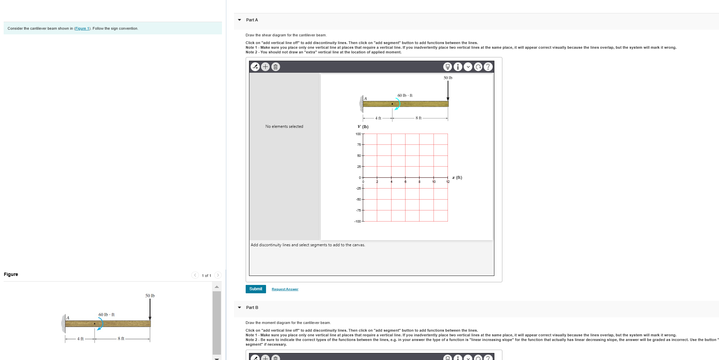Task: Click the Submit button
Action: click(x=255, y=289)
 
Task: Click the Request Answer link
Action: click(x=285, y=289)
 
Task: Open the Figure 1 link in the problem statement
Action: click(x=82, y=28)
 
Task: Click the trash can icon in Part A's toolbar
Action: click(x=275, y=67)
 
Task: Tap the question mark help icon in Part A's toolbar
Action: click(x=488, y=67)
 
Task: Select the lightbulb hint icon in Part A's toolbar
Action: click(x=448, y=67)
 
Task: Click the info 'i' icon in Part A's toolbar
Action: click(x=458, y=67)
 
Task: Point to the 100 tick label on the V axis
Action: click(x=358, y=134)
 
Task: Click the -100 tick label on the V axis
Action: click(x=357, y=222)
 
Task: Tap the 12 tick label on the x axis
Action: click(x=448, y=182)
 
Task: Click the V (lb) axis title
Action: click(x=363, y=127)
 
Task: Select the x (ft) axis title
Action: click(x=457, y=177)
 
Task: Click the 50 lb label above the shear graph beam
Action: click(x=448, y=78)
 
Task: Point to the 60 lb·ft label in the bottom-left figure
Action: click(x=106, y=315)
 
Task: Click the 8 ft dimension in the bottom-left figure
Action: click(x=121, y=339)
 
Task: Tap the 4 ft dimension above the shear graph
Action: click(x=378, y=118)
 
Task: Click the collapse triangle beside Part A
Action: click(x=239, y=20)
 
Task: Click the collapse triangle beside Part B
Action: click(x=239, y=308)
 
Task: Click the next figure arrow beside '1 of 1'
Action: click(x=218, y=275)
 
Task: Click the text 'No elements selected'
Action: click(x=284, y=126)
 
